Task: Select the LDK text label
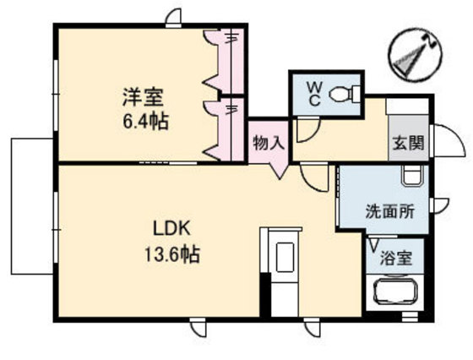[x=173, y=228]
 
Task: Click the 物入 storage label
[x=269, y=144]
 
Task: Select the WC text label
[x=313, y=92]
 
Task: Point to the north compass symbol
[x=415, y=56]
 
